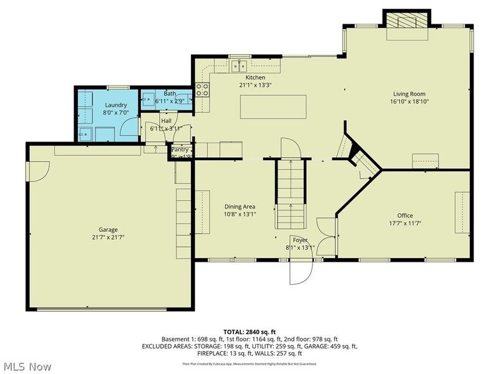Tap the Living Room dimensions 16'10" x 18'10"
click(410, 101)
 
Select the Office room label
click(405, 216)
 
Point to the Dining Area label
click(240, 207)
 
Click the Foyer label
click(301, 239)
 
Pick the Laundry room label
click(116, 105)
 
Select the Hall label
click(166, 121)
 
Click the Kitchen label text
click(256, 77)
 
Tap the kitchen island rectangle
click(274, 107)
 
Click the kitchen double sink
click(238, 65)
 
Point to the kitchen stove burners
click(202, 89)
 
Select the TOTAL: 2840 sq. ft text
click(249, 332)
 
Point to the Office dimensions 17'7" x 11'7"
click(405, 223)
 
